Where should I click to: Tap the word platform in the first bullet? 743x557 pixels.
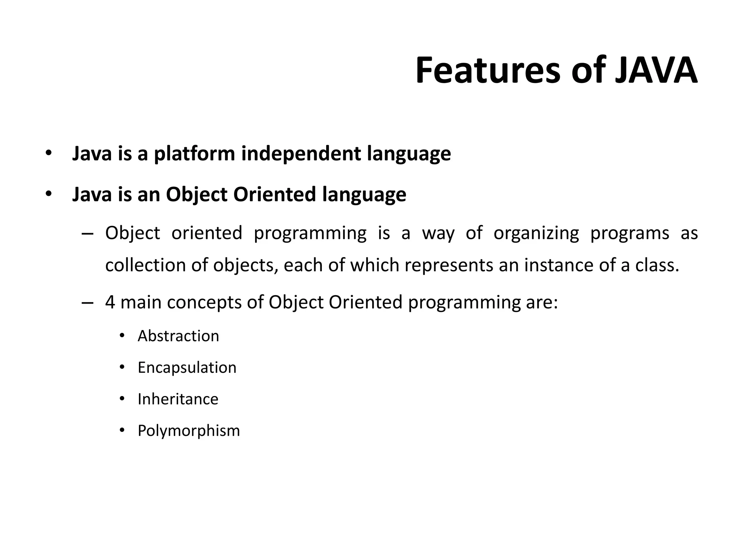tap(194, 154)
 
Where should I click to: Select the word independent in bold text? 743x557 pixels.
tap(301, 154)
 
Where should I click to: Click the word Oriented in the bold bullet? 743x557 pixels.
tap(275, 194)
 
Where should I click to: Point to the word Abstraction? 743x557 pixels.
tap(178, 336)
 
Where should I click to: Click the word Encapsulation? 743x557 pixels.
tap(187, 368)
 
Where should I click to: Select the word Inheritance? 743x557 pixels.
tap(178, 399)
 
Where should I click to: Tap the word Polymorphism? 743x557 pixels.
tap(189, 431)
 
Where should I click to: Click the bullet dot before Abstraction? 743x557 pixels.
tap(122, 336)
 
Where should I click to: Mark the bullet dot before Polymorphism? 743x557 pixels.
tap(122, 430)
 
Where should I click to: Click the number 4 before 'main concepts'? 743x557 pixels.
tap(110, 302)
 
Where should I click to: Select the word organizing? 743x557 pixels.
tap(536, 234)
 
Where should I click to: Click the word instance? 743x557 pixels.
tap(558, 265)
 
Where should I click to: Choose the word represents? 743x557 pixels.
tap(449, 265)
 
